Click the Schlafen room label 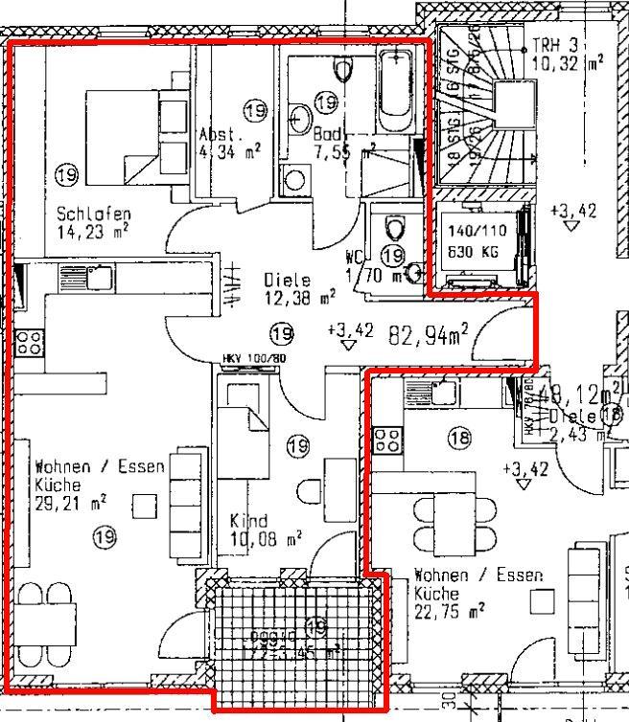[x=93, y=213]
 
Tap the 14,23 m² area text [x=93, y=230]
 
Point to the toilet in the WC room [x=393, y=228]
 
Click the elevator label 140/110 [x=477, y=232]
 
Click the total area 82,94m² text [x=428, y=334]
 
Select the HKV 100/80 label [x=254, y=359]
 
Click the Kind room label [x=249, y=521]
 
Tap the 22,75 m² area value [x=449, y=610]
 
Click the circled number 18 [x=460, y=438]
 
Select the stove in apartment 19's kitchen [x=28, y=342]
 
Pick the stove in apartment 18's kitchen [x=387, y=440]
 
